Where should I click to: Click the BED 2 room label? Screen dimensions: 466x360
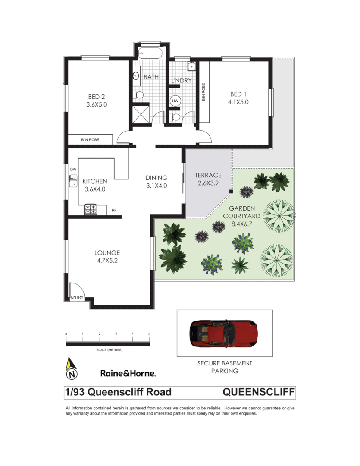click(x=97, y=97)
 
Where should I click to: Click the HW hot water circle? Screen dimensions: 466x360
click(x=175, y=101)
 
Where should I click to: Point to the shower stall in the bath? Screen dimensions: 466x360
click(x=140, y=115)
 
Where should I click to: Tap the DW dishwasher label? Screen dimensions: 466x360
click(x=73, y=170)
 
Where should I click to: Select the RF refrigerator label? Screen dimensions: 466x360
click(x=114, y=211)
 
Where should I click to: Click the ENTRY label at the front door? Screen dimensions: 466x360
click(x=77, y=297)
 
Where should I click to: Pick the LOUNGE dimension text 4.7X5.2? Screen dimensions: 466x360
click(x=107, y=260)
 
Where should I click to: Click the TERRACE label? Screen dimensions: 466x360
click(x=208, y=175)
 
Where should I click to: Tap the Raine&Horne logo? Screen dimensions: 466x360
click(x=128, y=373)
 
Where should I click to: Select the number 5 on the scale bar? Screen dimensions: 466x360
click(x=149, y=334)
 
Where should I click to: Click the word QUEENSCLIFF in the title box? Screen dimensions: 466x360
click(x=259, y=392)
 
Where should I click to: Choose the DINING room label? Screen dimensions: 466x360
click(x=156, y=178)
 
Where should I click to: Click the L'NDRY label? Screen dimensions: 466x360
click(x=181, y=80)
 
